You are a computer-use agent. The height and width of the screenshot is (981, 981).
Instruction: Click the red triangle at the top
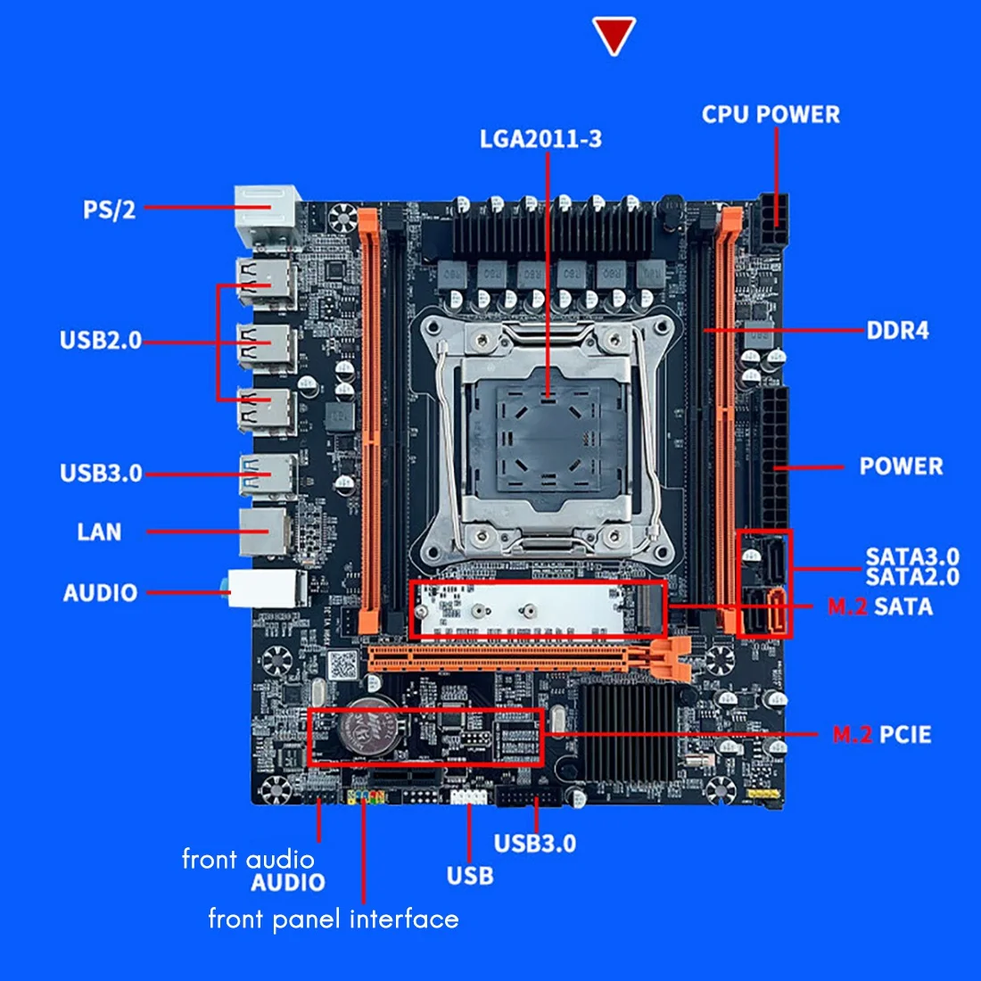point(614,35)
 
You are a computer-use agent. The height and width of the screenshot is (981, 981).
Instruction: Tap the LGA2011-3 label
point(540,139)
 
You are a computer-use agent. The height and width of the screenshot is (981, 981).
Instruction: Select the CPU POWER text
point(771,114)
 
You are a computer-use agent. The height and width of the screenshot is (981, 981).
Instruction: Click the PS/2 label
point(110,210)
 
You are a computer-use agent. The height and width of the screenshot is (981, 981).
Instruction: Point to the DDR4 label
point(897,331)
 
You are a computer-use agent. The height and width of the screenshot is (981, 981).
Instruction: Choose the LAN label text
point(99,532)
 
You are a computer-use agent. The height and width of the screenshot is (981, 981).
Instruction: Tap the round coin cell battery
point(369,722)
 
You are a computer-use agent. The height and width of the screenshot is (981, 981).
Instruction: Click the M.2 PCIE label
point(881,735)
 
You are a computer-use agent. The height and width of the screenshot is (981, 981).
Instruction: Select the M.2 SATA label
point(879,607)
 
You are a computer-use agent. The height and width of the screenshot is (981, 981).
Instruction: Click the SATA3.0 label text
point(911,557)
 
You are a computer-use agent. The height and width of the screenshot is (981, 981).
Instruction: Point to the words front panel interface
point(334,919)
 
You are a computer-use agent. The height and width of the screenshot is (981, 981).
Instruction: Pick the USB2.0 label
point(101,341)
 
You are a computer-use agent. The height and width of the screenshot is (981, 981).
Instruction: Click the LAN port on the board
point(265,533)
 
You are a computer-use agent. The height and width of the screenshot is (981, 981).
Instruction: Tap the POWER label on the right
point(901,466)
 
